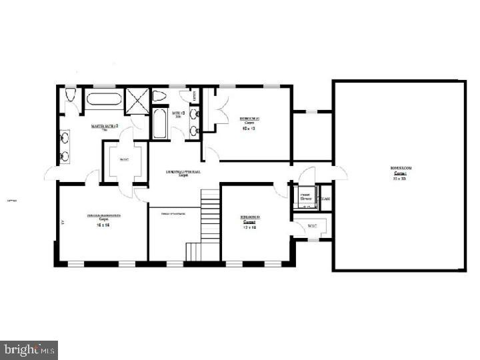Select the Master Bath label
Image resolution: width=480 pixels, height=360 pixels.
[105, 125]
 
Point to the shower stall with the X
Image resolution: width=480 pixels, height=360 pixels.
[138, 101]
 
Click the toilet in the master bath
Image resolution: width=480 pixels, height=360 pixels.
[71, 97]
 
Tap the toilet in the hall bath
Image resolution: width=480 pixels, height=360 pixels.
[159, 97]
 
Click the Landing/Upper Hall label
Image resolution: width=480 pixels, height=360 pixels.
[185, 173]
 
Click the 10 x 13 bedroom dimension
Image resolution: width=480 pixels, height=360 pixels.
[249, 128]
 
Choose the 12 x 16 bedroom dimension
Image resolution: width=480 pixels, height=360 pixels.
[249, 227]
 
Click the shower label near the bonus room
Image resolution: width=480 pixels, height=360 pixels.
[306, 197]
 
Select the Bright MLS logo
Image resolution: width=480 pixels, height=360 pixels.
[29, 349]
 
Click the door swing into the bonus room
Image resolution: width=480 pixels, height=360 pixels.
[341, 172]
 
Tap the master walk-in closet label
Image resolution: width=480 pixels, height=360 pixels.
[124, 160]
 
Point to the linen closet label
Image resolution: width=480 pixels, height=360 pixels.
[195, 97]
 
